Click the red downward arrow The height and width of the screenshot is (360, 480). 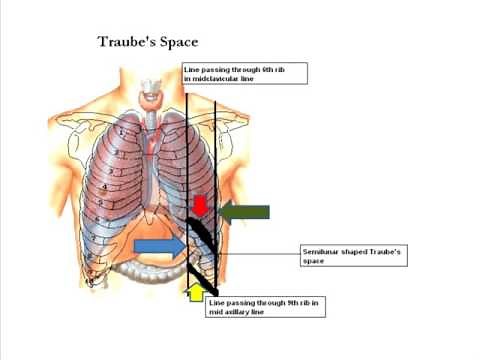[200, 206]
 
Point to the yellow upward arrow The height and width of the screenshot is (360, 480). [196, 292]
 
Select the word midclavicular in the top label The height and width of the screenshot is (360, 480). [209, 78]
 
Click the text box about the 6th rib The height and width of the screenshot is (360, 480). [245, 73]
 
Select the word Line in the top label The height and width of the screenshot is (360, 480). [192, 69]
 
